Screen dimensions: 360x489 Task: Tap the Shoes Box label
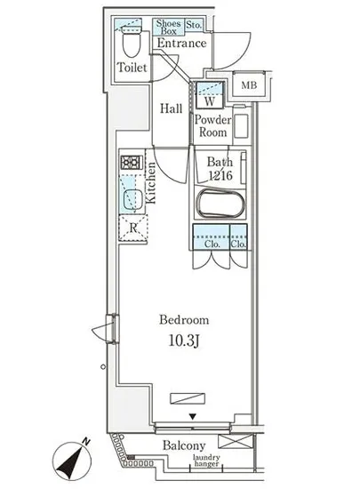(168, 28)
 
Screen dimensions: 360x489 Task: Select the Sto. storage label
(194, 25)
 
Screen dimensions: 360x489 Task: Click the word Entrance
(181, 43)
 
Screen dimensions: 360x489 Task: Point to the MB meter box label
(249, 84)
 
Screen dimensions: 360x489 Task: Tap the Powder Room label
(212, 126)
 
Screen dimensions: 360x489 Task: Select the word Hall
(172, 108)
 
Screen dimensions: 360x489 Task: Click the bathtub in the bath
(220, 204)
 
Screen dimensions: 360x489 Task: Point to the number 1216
(220, 175)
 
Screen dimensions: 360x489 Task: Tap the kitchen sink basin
(133, 200)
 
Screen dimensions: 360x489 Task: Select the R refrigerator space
(133, 228)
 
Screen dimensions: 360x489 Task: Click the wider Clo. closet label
(212, 244)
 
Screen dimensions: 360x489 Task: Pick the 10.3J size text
(184, 341)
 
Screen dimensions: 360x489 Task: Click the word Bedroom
(184, 320)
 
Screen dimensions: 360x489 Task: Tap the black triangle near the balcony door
(193, 417)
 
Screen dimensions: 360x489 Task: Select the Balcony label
(184, 445)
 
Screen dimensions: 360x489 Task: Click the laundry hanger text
(206, 461)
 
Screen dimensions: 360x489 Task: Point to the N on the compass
(86, 442)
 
